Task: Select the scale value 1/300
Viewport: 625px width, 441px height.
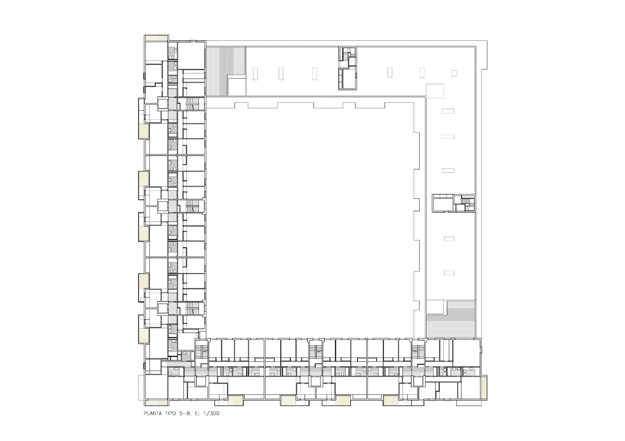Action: pos(211,413)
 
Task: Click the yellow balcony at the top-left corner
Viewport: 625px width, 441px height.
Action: pos(157,38)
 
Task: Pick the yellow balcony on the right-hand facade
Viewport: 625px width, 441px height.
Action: pos(484,388)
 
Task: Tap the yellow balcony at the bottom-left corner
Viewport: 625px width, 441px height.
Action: pos(156,403)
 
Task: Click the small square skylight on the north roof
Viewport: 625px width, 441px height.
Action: pos(454,73)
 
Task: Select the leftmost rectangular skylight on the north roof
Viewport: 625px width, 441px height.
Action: pos(255,73)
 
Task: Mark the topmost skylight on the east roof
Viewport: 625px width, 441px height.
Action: pos(448,111)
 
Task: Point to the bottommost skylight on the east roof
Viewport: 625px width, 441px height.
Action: pos(449,273)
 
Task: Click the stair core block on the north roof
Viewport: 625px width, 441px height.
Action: pos(348,68)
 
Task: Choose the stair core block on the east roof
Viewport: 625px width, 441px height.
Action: pos(453,203)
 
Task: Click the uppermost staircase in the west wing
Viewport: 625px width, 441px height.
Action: pos(192,104)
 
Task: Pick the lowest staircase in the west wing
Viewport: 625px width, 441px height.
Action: pos(192,308)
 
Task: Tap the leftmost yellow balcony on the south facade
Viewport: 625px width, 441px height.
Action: pos(236,400)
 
